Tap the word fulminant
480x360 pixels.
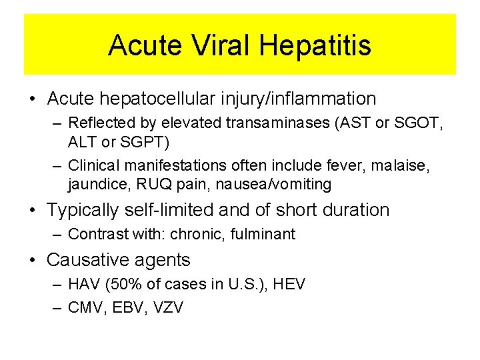coord(263,234)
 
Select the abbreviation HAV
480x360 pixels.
coord(83,285)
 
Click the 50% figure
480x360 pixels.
coord(123,285)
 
